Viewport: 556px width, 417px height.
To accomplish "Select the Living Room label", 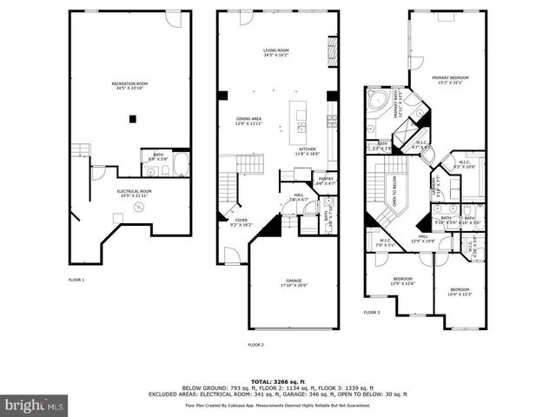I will [276, 52].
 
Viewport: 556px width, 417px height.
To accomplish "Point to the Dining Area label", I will [248, 121].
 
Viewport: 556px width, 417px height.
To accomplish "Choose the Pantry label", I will [326, 181].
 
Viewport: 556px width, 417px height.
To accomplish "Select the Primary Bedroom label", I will [449, 80].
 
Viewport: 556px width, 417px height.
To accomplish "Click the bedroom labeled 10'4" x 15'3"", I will [459, 291].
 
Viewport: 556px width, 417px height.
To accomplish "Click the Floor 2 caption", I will [255, 345].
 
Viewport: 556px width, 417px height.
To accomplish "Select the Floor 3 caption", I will [372, 311].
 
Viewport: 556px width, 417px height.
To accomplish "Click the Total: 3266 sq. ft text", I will [277, 381].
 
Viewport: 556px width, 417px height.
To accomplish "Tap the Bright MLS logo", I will [34, 405].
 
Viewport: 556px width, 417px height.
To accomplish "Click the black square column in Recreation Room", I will [133, 118].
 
